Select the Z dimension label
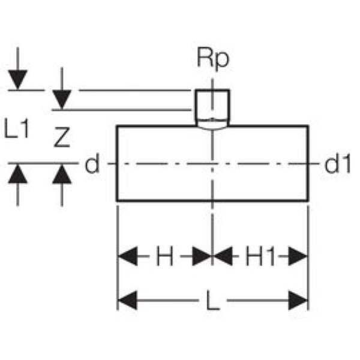click(x=62, y=139)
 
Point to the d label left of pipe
click(x=92, y=163)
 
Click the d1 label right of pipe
click(x=337, y=163)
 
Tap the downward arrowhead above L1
click(x=18, y=80)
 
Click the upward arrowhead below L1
click(x=18, y=175)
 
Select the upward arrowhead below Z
click(x=62, y=175)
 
